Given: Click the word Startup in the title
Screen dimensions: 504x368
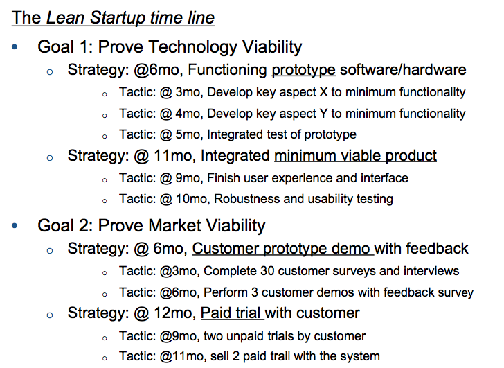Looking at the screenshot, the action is pos(117,18).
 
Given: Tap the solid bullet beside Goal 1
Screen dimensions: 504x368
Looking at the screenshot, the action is pos(15,47).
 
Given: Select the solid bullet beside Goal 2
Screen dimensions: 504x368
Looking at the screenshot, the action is pos(15,226).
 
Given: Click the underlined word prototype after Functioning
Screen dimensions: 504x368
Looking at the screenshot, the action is pos(303,71).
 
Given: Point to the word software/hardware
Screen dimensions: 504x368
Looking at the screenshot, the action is pos(403,70).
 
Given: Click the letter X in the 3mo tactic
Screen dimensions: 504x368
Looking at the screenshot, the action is pos(323,92).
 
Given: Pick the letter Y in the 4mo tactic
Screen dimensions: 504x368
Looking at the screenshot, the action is pos(323,114).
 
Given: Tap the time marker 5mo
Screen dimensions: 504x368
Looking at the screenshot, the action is pos(189,134).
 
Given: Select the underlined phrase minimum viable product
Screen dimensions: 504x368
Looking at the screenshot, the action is pos(355,156).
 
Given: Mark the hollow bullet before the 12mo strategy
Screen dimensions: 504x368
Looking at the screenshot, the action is pos(50,315).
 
